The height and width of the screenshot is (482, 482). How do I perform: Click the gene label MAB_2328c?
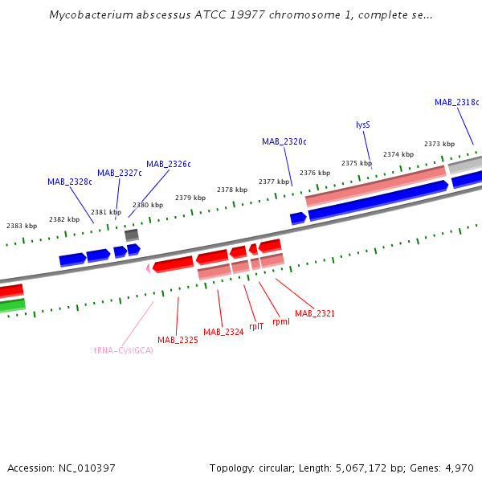click(x=69, y=182)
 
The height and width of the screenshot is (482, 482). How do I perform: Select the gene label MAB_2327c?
click(x=120, y=173)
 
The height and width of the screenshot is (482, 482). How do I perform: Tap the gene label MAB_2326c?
click(x=169, y=164)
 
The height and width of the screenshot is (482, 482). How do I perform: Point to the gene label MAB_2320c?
click(x=284, y=141)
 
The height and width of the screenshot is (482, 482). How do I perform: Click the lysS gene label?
click(x=363, y=125)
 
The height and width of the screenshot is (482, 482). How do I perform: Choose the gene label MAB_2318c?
click(x=456, y=102)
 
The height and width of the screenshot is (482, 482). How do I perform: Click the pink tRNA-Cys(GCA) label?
click(x=123, y=350)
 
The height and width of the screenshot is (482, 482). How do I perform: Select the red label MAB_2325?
click(x=178, y=340)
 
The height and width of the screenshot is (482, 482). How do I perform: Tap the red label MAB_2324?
click(x=223, y=332)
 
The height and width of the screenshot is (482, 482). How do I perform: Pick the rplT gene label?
click(x=256, y=326)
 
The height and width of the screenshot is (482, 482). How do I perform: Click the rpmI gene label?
click(x=281, y=321)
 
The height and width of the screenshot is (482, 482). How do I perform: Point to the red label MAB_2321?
click(x=315, y=313)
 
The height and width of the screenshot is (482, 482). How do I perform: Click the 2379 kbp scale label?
click(x=190, y=198)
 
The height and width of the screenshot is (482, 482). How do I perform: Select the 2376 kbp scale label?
click(x=315, y=173)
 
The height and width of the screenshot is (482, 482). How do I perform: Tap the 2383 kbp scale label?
click(x=22, y=226)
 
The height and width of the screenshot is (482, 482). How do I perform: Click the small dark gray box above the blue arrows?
click(x=132, y=235)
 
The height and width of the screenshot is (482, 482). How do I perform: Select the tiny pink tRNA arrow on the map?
click(x=148, y=269)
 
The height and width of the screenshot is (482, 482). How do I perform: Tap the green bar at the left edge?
click(x=12, y=306)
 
